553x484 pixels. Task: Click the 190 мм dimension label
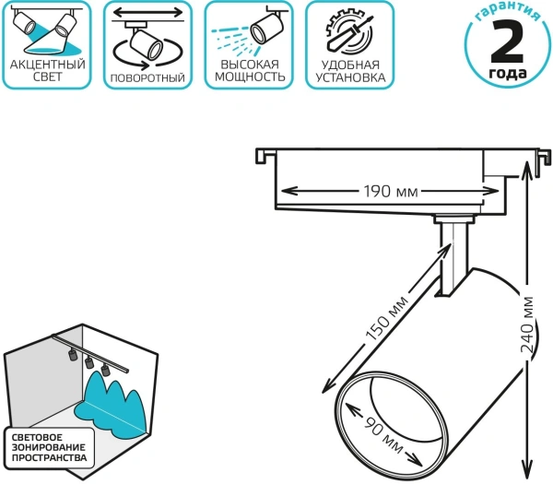(x=391, y=191)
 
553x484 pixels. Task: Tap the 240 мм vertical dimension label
(x=526, y=325)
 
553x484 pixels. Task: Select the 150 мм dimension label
(x=386, y=319)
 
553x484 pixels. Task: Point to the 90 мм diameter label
(x=383, y=435)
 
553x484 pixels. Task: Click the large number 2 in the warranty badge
(x=507, y=41)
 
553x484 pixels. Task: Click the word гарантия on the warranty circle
(x=508, y=13)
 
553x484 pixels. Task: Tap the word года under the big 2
(x=508, y=73)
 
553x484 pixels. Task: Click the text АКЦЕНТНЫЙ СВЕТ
(x=48, y=71)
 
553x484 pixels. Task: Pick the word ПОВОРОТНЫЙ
(x=147, y=77)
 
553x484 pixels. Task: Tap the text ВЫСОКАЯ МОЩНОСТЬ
(x=250, y=71)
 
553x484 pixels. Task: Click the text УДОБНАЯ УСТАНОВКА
(x=350, y=71)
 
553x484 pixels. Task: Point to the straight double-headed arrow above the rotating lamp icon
(x=147, y=13)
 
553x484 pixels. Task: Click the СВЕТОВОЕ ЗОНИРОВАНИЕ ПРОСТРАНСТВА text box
(x=50, y=448)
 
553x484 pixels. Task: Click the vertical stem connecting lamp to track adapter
(x=453, y=258)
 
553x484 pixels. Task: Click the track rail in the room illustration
(x=90, y=353)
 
